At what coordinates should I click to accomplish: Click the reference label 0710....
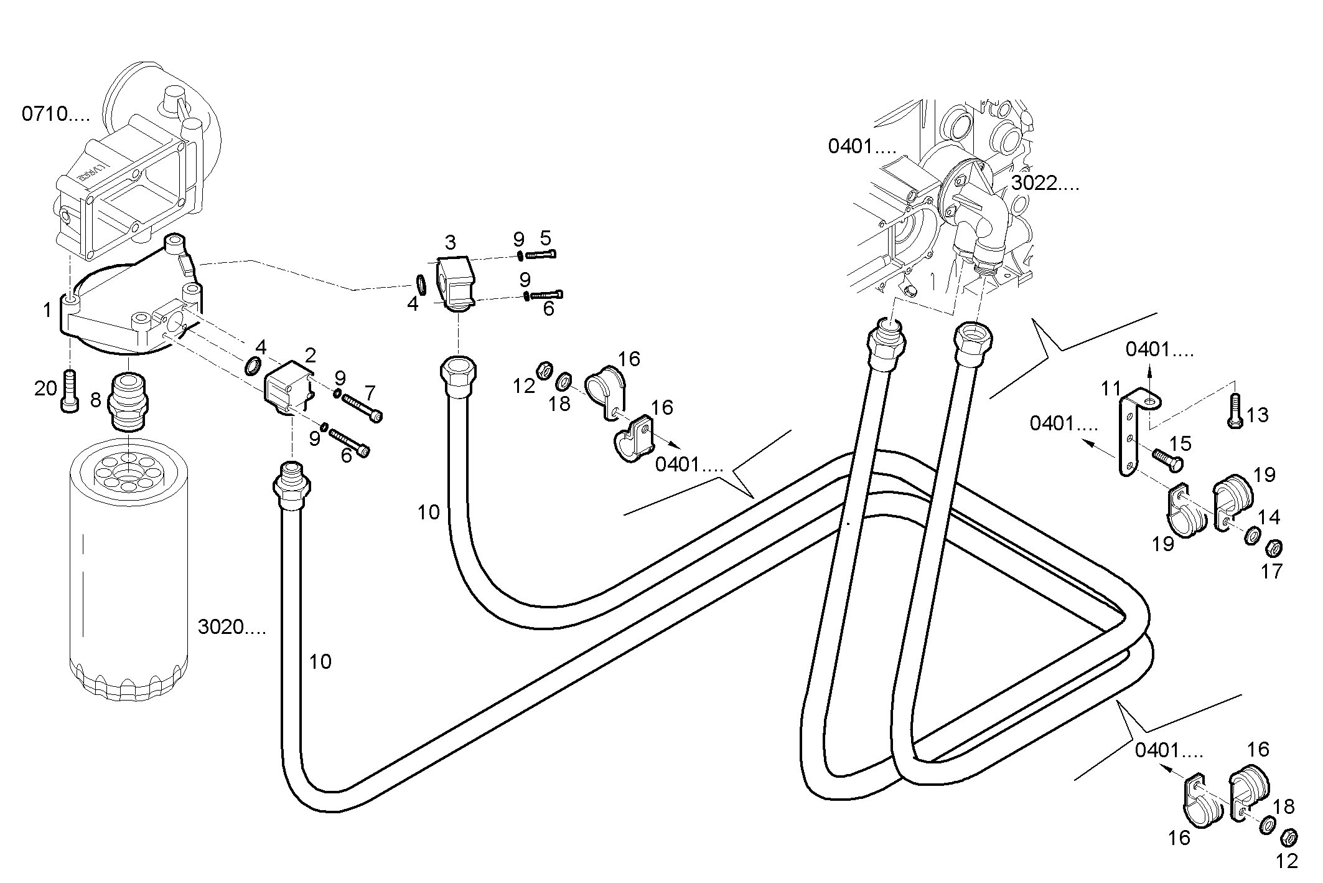(55, 114)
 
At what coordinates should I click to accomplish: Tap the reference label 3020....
(231, 627)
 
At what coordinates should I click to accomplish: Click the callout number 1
(47, 309)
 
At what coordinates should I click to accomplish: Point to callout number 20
(45, 389)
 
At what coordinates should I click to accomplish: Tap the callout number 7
(370, 393)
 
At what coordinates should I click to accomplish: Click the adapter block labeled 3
(455, 280)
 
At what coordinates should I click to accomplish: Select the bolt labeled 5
(541, 254)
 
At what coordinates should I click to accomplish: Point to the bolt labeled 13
(1235, 411)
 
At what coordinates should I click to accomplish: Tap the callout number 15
(1180, 443)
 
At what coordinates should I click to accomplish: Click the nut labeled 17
(1274, 549)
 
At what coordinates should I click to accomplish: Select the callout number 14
(1268, 517)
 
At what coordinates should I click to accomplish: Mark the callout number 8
(95, 399)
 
